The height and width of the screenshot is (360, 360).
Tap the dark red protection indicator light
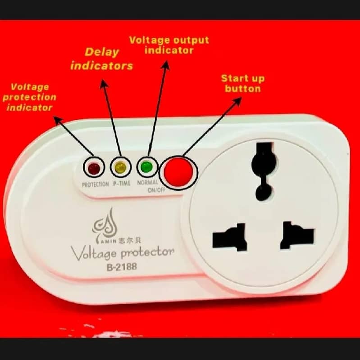click(x=94, y=169)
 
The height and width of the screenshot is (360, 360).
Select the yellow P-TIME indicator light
click(x=120, y=168)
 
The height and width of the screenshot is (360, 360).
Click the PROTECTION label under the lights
click(x=95, y=184)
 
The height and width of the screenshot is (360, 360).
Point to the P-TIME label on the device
click(x=122, y=184)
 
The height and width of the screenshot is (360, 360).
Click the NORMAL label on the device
click(x=147, y=183)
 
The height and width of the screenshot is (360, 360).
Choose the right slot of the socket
click(x=297, y=234)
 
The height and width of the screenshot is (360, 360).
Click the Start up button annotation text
click(x=242, y=83)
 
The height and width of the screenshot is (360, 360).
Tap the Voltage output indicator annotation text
click(x=169, y=45)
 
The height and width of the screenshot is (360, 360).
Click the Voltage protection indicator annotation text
click(x=30, y=97)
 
